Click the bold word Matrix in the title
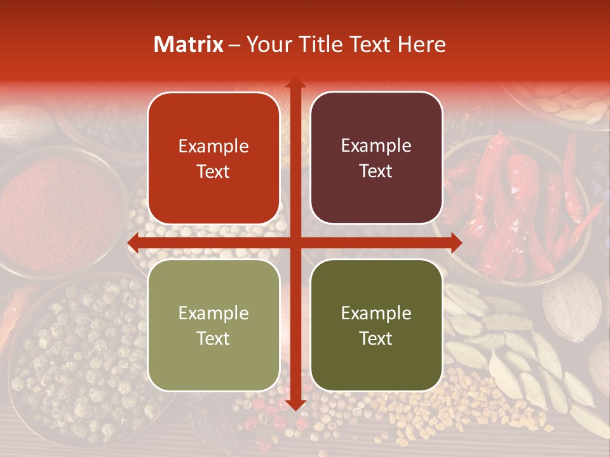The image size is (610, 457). pos(189,44)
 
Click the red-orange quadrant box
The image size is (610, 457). pos(213,159)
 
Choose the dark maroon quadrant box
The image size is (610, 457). pos(376,158)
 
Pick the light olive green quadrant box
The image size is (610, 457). pos(213,325)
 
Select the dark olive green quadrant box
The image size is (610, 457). pos(376,325)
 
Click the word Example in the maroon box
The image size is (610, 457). pos(376,145)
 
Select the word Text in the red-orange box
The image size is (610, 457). pos(213,172)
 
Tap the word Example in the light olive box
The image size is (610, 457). pos(213,313)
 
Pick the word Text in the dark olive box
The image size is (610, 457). pos(376,339)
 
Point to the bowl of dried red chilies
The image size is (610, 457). pos(521,203)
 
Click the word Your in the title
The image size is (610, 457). pos(268,44)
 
